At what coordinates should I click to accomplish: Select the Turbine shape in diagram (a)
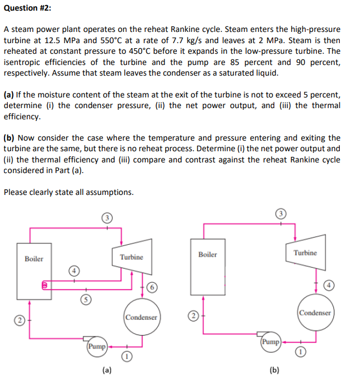coord(132,257)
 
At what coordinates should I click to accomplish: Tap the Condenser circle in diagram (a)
coord(141,317)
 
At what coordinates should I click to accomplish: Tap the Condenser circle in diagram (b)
coord(315,313)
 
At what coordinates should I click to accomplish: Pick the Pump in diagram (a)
coord(97,346)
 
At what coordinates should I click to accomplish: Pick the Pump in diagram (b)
coord(270,341)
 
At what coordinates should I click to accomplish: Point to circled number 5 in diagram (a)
coord(85,299)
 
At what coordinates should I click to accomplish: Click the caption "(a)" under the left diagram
coord(106,370)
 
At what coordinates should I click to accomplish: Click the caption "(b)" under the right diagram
coord(274,370)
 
